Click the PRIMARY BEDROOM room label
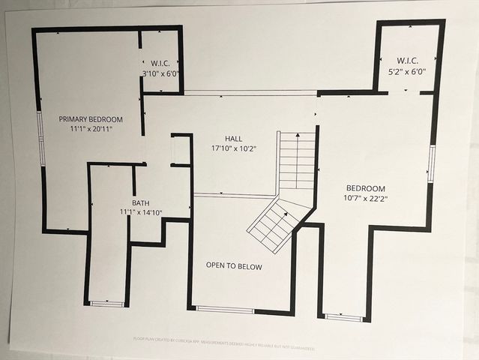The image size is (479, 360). [91, 119]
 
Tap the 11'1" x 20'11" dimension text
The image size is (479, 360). [91, 130]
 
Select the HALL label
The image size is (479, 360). [233, 139]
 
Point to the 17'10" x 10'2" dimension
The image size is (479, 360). [233, 148]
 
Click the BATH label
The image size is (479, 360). [141, 203]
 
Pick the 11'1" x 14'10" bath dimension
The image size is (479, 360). [141, 213]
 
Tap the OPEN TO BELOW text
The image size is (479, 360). [235, 265]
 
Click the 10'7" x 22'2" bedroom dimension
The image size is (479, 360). [365, 198]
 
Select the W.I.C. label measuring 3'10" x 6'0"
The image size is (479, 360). [161, 63]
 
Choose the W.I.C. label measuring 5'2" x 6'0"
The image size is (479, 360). [407, 61]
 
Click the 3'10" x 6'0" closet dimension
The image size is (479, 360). [161, 73]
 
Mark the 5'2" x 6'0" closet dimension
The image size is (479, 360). [407, 71]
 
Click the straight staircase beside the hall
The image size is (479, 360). [297, 160]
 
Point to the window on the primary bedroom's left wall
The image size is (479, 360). [41, 138]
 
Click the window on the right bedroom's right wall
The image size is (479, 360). [432, 163]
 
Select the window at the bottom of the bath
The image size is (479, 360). [106, 304]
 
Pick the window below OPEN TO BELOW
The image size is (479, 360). [225, 309]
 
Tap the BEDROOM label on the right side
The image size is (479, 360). [365, 188]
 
